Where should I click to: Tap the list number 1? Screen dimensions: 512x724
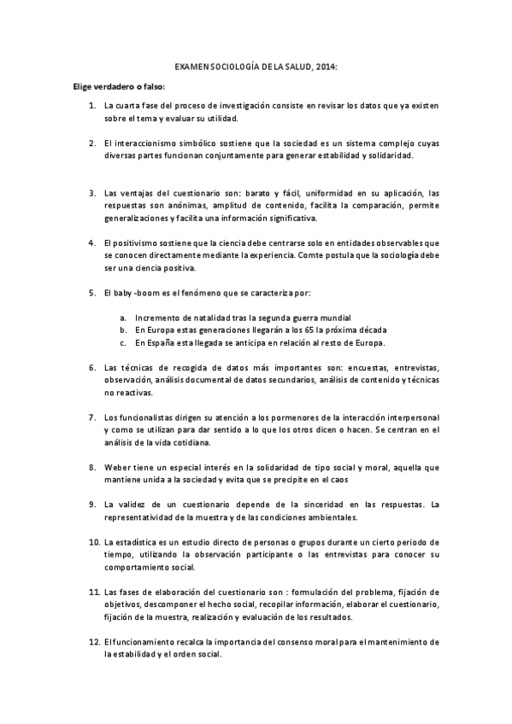92,106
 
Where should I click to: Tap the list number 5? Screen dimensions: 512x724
92,293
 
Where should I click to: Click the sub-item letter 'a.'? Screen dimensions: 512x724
123,318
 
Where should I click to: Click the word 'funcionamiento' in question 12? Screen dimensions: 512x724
145,641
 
